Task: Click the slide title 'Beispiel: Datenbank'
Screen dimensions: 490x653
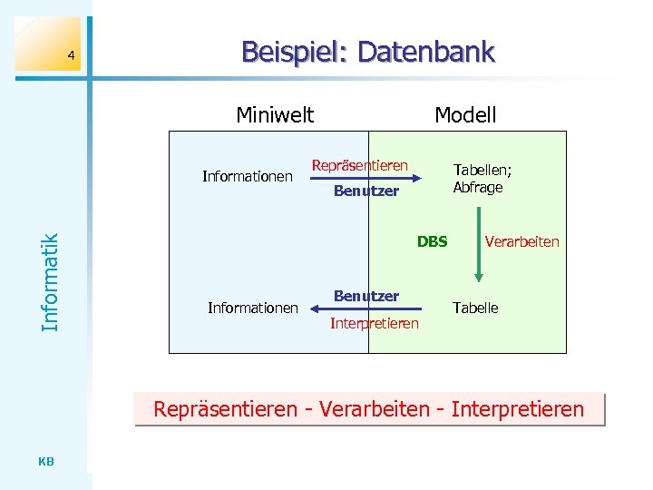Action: click(x=368, y=53)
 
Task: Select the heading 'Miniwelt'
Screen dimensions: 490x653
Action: click(x=275, y=115)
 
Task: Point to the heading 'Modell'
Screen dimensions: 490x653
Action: click(x=465, y=115)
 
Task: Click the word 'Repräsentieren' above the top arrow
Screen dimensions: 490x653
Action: click(x=360, y=165)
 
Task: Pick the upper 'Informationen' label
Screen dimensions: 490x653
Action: click(x=248, y=176)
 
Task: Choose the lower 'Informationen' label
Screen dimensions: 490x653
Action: click(x=253, y=309)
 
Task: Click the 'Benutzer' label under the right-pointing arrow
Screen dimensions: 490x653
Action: click(x=366, y=191)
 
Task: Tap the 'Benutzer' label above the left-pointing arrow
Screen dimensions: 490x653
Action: click(x=366, y=296)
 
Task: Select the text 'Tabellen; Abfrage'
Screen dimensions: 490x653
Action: click(x=478, y=179)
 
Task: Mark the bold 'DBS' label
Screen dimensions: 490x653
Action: click(x=433, y=241)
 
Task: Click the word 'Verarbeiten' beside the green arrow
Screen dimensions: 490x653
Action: click(x=522, y=241)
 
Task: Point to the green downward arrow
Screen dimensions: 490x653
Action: click(x=478, y=243)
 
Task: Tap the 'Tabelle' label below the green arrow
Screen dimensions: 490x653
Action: click(x=476, y=309)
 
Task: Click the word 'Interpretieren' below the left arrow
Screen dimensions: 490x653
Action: click(x=375, y=324)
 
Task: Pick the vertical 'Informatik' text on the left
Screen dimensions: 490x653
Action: click(x=51, y=281)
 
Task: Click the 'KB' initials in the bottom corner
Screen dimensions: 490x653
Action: click(x=47, y=462)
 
